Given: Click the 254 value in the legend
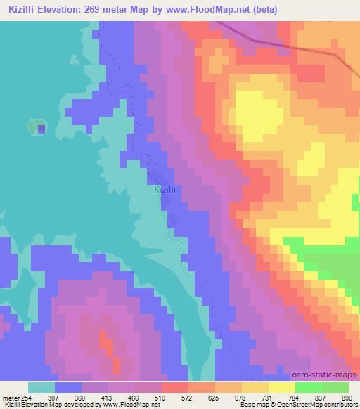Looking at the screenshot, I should click(x=26, y=397).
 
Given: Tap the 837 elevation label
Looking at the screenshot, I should click(x=322, y=397).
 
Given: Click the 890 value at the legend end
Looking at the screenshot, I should click(x=347, y=397).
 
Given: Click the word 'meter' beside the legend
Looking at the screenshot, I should click(x=10, y=397).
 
